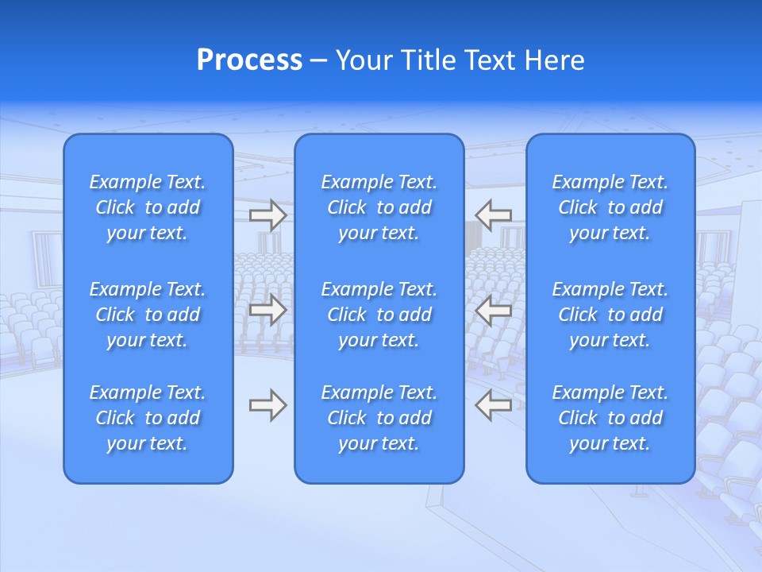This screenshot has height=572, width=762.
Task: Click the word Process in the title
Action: pos(249,60)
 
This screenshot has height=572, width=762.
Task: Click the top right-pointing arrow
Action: pos(267,214)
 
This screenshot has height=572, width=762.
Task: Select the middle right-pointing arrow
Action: pos(267,310)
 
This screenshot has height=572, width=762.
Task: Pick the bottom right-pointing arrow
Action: pos(267,405)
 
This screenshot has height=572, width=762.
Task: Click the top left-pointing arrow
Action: pos(494,214)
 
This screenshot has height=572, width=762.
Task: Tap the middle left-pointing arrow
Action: pos(494,310)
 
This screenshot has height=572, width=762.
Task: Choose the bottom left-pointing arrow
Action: pos(494,405)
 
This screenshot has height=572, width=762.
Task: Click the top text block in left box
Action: pos(148,207)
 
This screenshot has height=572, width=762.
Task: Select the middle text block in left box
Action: pos(148,315)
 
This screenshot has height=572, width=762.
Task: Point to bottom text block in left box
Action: pos(148,418)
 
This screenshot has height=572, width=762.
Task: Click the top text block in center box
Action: pos(379,207)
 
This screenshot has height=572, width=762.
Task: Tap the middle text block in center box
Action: pos(379,315)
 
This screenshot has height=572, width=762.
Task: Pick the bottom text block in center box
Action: pos(379,418)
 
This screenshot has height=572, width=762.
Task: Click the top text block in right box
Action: pos(610,207)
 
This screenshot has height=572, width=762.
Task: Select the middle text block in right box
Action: pos(610,315)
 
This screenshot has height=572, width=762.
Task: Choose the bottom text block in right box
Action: pos(610,418)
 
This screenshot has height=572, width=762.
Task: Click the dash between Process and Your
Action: pos(318,61)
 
